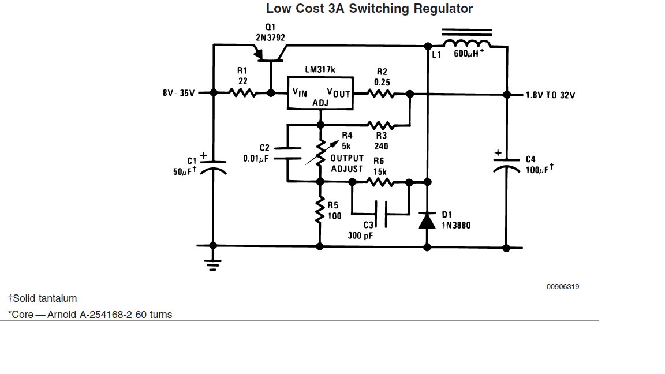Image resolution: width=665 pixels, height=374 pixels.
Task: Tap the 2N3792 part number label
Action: coord(270,38)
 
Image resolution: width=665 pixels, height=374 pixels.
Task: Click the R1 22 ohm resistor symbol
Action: coord(242,92)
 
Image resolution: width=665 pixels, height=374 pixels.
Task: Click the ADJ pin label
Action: coord(320,103)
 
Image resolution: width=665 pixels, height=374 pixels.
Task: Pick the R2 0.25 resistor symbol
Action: coord(381,93)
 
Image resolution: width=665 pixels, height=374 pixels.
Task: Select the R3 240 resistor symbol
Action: coord(381,125)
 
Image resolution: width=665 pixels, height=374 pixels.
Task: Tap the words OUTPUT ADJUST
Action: coord(347,163)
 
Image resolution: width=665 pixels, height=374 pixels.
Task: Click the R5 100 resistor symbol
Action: coord(319,211)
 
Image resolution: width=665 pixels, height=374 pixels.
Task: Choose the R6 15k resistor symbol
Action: coord(381,182)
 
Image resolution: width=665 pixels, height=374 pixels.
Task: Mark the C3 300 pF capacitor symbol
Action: coord(381,214)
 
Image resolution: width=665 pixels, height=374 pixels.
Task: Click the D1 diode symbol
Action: coord(427,220)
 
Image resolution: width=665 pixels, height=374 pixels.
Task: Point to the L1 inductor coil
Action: coord(467,43)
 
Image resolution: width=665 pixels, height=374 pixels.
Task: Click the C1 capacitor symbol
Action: coord(214,166)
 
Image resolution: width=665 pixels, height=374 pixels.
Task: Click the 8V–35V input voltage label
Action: coord(178,93)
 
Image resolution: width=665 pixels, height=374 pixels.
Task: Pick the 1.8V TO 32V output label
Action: coord(550,95)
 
